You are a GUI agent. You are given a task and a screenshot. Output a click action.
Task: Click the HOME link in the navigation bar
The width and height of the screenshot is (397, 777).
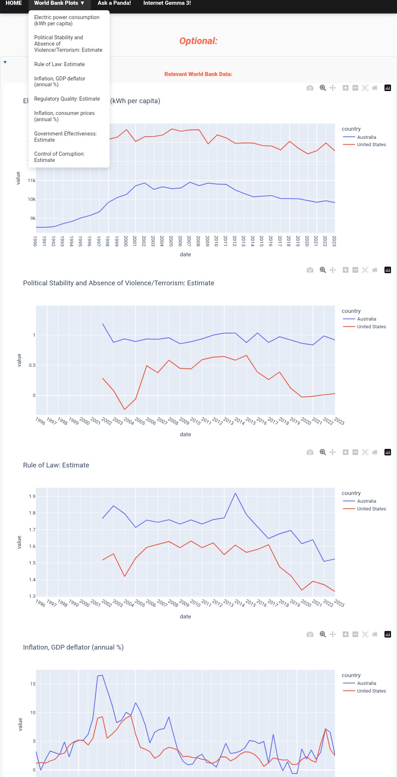click(x=14, y=3)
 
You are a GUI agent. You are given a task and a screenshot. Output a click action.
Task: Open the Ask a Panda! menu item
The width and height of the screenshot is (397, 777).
click(x=114, y=3)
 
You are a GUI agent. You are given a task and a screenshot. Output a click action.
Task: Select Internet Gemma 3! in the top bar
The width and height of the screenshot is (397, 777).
click(x=167, y=3)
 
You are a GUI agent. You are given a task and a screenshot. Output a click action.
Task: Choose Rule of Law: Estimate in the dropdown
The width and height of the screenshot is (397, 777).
click(x=60, y=64)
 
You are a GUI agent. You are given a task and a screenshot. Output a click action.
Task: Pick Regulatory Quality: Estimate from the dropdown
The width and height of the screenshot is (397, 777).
click(x=67, y=99)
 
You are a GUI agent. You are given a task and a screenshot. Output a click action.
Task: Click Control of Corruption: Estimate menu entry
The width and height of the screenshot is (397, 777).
click(x=59, y=157)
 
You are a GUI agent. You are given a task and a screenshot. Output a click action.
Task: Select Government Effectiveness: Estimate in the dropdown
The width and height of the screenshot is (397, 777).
click(x=65, y=137)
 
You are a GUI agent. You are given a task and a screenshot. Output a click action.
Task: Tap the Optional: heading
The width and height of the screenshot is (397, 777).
click(x=198, y=41)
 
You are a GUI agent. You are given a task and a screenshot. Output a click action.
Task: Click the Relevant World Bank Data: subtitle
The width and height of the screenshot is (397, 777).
click(x=198, y=74)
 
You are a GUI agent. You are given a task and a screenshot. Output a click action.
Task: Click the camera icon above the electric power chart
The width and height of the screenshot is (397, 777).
click(x=310, y=88)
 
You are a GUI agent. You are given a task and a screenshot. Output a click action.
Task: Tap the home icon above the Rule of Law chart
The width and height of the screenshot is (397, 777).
click(x=375, y=452)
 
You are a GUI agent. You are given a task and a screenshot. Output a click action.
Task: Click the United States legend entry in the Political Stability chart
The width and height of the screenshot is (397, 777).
click(x=371, y=327)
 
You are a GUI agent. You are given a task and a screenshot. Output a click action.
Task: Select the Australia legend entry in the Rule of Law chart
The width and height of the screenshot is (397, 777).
click(x=366, y=501)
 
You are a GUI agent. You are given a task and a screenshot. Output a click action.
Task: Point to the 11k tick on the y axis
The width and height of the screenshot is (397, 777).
click(x=32, y=181)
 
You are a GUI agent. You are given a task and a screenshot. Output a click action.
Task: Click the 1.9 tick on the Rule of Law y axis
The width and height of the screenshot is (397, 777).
click(x=32, y=496)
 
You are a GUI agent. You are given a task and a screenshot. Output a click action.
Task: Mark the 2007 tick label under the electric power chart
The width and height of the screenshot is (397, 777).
click(x=189, y=241)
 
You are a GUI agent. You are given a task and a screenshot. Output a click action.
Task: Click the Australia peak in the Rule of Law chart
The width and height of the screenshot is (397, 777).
click(x=235, y=493)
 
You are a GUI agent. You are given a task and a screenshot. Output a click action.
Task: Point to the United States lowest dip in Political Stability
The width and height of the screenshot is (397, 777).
click(x=125, y=409)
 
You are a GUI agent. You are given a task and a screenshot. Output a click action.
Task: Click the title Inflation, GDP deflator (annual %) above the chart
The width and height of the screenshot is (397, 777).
click(x=73, y=647)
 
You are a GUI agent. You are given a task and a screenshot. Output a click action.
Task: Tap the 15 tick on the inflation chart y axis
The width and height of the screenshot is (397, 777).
click(x=33, y=684)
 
